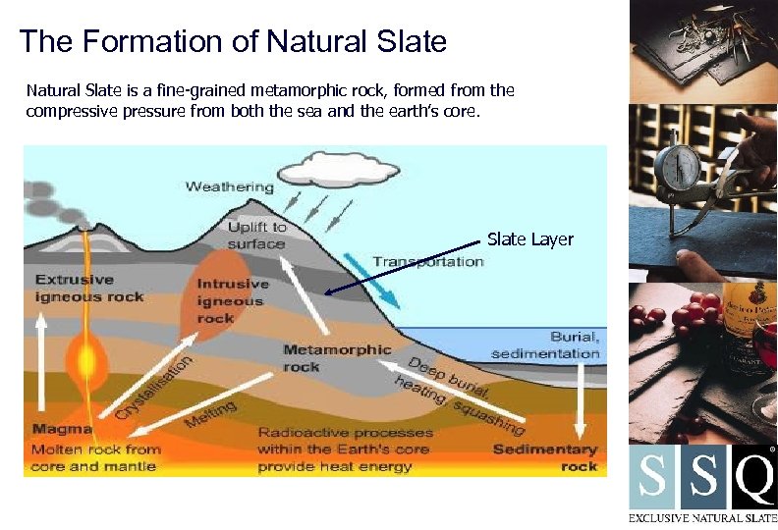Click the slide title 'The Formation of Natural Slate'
tap(233, 42)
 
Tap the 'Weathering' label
tap(230, 186)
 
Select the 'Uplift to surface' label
tap(256, 236)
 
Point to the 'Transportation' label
tap(427, 262)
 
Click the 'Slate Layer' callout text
tap(530, 239)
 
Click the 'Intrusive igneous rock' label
tap(231, 301)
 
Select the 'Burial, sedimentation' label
tap(545, 344)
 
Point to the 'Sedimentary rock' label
tap(545, 457)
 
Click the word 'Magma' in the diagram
tap(62, 429)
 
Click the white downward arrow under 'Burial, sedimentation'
tap(581, 398)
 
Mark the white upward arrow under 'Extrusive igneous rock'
tap(41, 363)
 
